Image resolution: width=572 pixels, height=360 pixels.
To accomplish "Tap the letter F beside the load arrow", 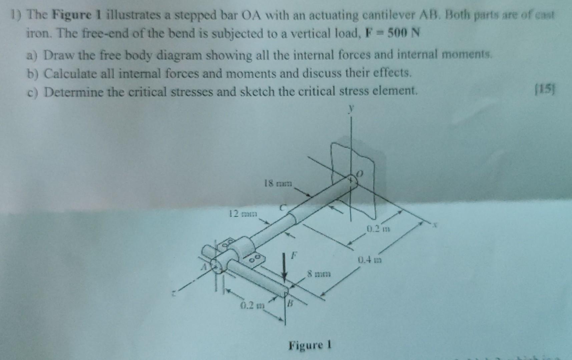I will [294, 256].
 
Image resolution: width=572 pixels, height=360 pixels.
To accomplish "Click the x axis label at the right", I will [435, 226].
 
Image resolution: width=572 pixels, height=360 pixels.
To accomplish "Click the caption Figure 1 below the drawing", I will [310, 345].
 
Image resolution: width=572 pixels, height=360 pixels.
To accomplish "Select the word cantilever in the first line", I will [381, 15].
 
